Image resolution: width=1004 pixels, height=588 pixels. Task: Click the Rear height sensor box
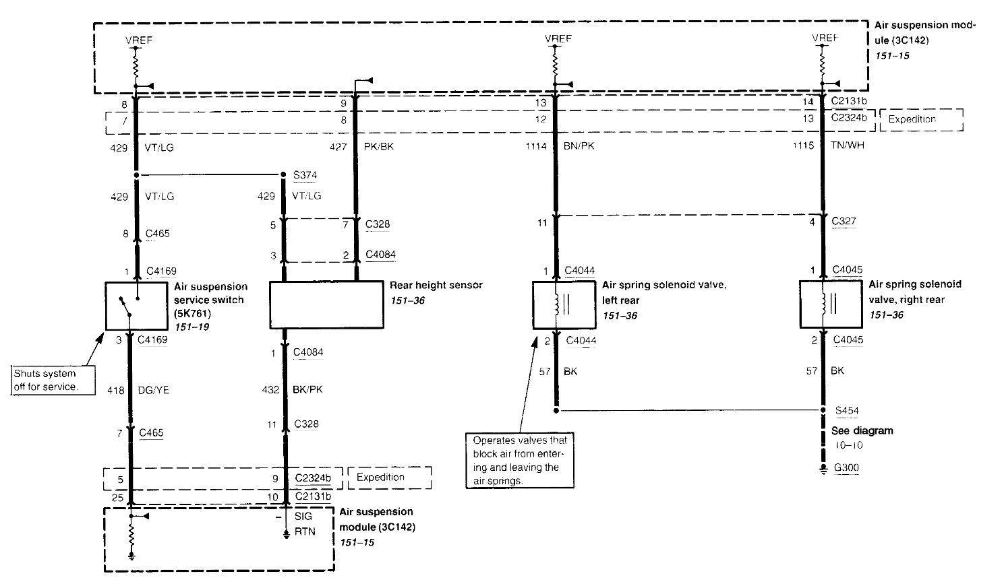326,304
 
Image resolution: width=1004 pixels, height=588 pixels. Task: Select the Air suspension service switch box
136,306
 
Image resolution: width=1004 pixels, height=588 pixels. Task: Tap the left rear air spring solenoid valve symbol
556,305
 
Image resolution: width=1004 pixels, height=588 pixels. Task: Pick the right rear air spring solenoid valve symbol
823,304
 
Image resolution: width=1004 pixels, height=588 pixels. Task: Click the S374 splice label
305,175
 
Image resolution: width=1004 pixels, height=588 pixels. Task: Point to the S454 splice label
846,410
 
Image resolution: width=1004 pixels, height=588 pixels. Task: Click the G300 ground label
846,468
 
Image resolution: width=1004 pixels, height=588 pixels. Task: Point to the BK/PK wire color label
309,389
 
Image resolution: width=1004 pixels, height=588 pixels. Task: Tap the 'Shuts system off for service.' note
46,380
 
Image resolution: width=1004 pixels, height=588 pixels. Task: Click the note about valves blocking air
520,461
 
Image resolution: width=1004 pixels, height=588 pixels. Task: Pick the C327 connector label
844,221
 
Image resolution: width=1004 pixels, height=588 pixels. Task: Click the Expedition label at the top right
912,119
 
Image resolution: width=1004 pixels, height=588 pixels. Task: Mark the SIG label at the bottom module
304,516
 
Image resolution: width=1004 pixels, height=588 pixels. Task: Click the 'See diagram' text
862,431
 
